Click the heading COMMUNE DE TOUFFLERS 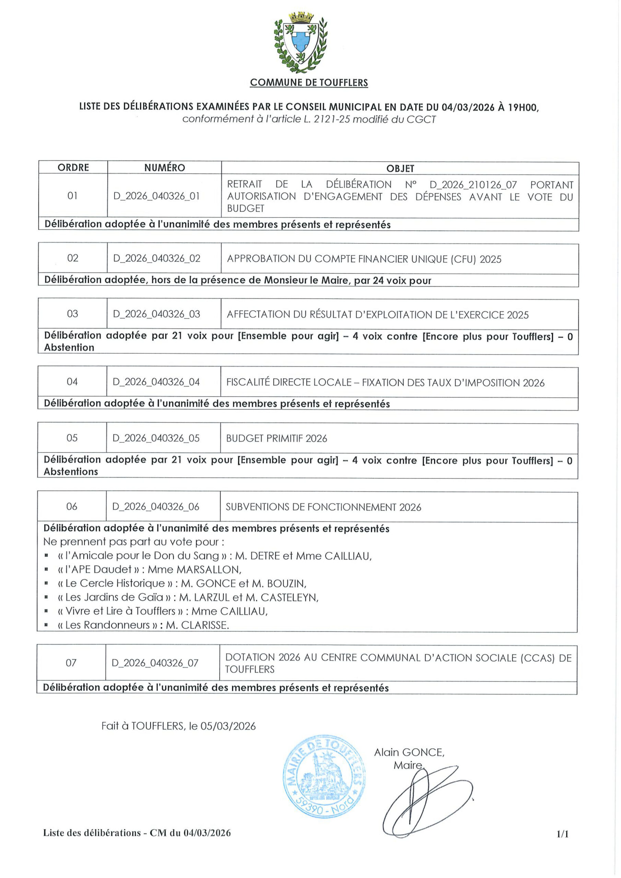coord(309,83)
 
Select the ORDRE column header coord(73,167)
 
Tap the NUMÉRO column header coord(165,167)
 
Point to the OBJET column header coord(400,168)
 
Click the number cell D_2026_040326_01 coord(156,196)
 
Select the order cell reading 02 coord(73,258)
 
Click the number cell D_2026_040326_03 coord(156,314)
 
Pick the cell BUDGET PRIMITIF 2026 coord(277,438)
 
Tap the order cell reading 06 coord(72,506)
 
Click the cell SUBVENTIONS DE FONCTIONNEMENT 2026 coord(323,507)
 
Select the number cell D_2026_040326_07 coord(155,663)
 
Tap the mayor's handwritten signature coord(425,799)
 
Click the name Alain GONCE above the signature coord(409,752)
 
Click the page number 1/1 coord(562,834)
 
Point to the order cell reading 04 coord(72,382)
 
